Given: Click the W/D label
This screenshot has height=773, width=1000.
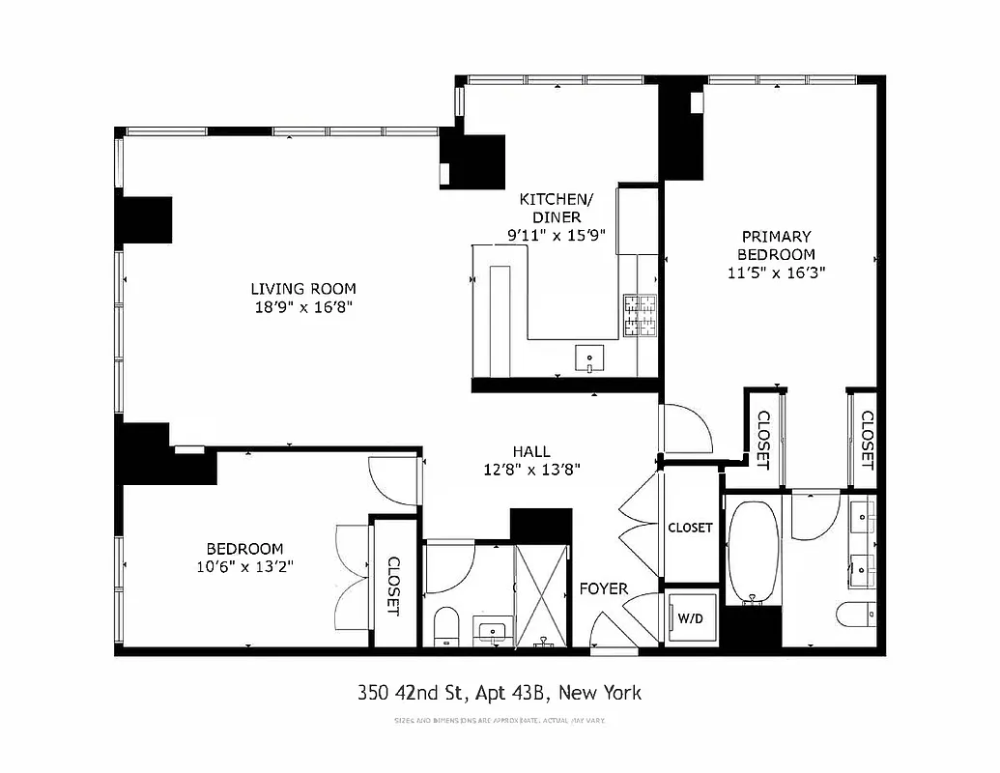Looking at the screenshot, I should pos(689,616).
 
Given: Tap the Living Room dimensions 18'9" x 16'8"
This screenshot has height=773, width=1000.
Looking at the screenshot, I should pos(303,308).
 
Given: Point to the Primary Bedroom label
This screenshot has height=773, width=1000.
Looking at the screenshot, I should pos(776,244).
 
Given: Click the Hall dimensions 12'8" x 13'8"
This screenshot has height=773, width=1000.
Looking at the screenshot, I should pos(531,470).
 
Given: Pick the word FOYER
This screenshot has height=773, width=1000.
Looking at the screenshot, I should pos(603,588).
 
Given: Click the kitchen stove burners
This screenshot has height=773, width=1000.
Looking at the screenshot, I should pos(640,316).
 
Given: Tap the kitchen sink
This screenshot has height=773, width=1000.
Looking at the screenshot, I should pos(589,358).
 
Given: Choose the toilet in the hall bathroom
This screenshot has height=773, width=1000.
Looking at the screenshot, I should pos(446,625).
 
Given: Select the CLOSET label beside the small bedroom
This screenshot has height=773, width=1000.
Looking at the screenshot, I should pos(394,586).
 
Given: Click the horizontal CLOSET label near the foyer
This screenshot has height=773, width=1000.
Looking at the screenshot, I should pos(690,528).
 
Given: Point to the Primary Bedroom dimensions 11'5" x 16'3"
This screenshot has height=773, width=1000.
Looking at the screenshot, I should pos(776,272).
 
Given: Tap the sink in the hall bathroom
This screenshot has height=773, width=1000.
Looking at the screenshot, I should pos(494,632).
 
